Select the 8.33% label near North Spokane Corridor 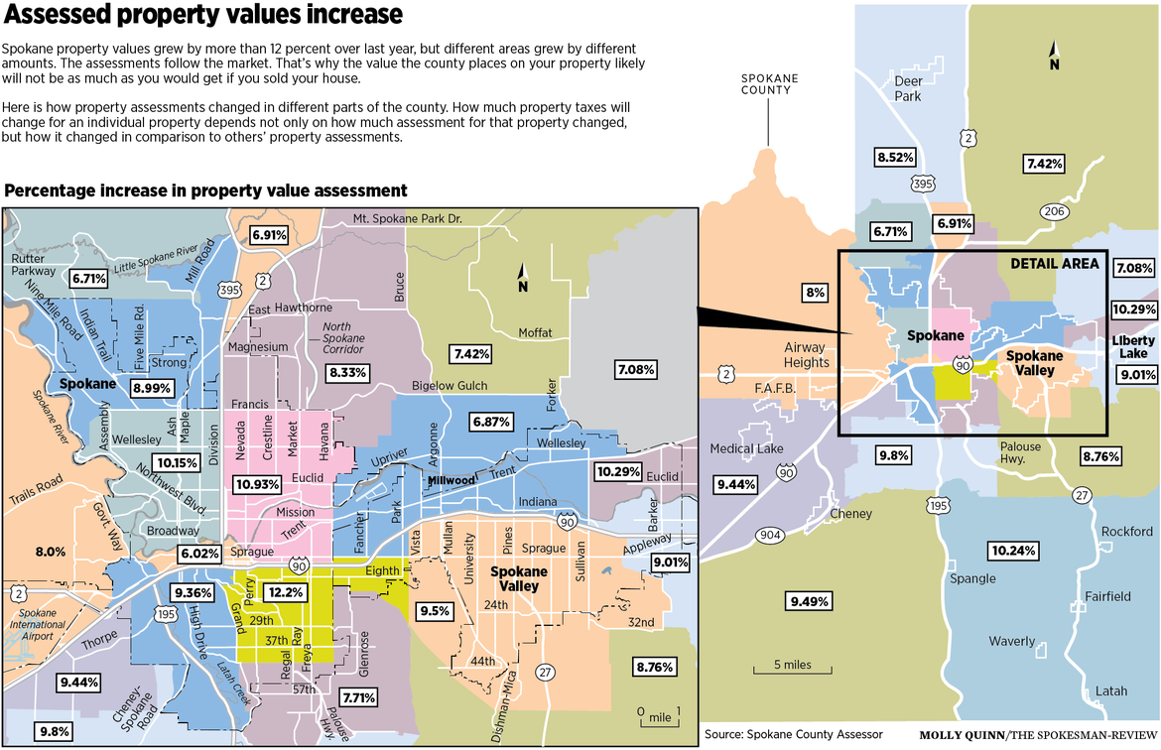347,373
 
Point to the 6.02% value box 198,554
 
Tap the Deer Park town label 908,88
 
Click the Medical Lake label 746,448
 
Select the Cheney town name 850,514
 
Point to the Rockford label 1127,532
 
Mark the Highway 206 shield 1054,211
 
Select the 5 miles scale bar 792,673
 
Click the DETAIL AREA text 1054,263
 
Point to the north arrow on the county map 1054,57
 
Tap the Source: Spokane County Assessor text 793,734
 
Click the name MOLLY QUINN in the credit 961,735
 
